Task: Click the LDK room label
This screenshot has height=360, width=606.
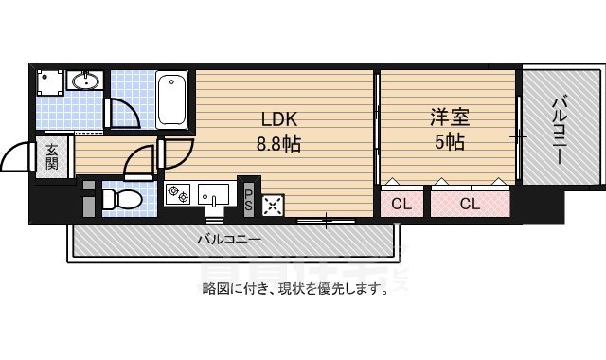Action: pos(280,120)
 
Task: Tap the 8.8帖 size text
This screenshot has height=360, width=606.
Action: pos(280,146)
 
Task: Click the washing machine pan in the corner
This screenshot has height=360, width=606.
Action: pos(50,82)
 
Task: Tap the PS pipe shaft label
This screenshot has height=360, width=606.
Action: pos(248,200)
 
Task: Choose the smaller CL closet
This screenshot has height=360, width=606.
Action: pos(401,203)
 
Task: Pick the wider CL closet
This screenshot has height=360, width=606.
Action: pos(470,203)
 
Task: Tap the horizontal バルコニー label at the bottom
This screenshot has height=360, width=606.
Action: pos(228,240)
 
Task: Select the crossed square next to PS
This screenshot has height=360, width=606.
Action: pos(273,204)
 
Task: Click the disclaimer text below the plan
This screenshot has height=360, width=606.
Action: pos(294,289)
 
